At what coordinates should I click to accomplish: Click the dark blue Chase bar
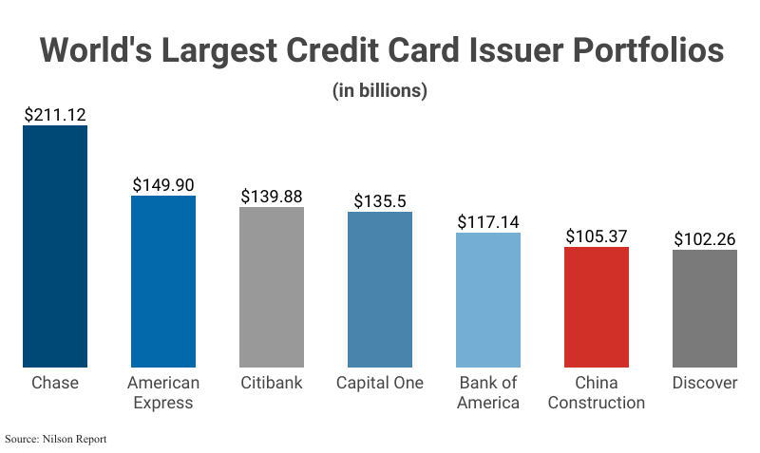coord(55,246)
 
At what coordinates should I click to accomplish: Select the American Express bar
coord(163,281)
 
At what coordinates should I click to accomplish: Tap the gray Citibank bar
coord(272,287)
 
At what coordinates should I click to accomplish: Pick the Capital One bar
coord(380,290)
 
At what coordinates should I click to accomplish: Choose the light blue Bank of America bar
coord(488,299)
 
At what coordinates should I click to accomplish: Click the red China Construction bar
coord(597,307)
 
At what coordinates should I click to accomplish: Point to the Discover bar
coord(705,309)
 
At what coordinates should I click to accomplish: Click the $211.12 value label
coord(55,115)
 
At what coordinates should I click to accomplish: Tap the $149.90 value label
coord(163,185)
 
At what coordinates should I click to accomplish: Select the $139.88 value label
coord(272,197)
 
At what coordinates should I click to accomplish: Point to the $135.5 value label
coord(380,201)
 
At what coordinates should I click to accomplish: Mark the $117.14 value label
coord(488,222)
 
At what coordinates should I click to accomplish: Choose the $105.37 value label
coord(597,236)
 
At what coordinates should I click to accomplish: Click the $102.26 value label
coord(705,239)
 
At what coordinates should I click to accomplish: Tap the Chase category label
coord(55,383)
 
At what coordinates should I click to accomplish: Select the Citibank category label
coord(272,383)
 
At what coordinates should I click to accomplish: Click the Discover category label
coord(705,383)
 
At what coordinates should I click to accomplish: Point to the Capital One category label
coord(380,383)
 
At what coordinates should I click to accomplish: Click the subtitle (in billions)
coord(380,91)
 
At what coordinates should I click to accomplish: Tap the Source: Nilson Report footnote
coord(56,440)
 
